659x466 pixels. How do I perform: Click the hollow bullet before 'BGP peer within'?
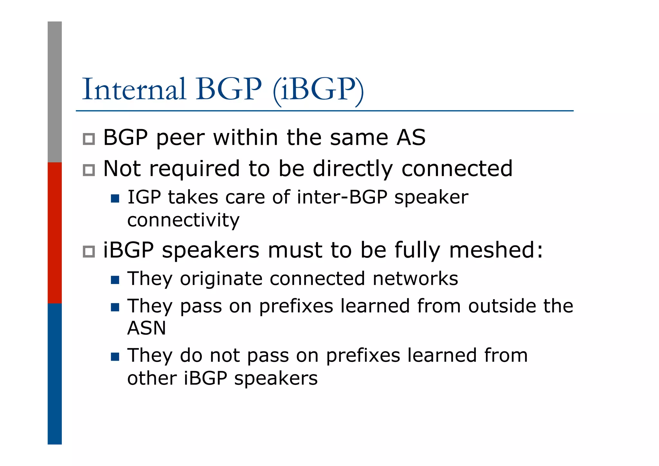pos(89,139)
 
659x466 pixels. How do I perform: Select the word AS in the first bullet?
pos(411,138)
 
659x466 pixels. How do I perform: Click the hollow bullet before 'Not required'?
pos(89,170)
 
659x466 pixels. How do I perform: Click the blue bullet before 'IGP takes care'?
pos(115,198)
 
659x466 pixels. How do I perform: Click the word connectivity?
pos(183,220)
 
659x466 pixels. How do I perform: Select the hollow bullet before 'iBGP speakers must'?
pos(89,252)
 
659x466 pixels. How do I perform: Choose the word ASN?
pos(147,328)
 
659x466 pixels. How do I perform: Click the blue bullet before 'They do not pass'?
pos(115,357)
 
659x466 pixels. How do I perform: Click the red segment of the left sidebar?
pos(55,233)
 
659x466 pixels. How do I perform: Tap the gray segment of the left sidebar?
pos(55,92)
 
